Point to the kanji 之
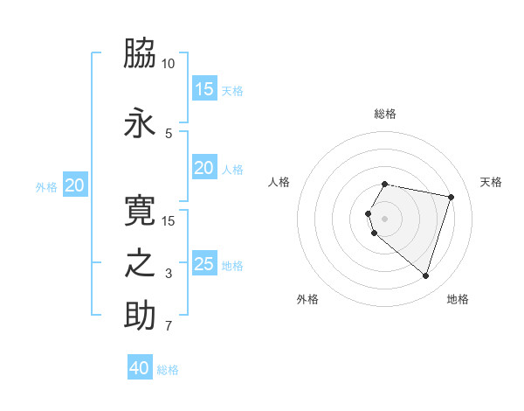click(x=140, y=263)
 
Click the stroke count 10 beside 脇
click(x=168, y=64)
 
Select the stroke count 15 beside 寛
click(x=168, y=220)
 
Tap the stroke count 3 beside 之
click(x=169, y=274)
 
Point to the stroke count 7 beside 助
click(x=169, y=327)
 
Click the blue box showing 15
click(x=204, y=89)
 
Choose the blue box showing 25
click(x=204, y=264)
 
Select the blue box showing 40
click(x=140, y=368)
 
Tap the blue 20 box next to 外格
click(x=75, y=185)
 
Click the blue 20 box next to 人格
click(x=204, y=168)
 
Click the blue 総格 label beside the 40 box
click(x=168, y=370)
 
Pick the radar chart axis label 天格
click(x=491, y=182)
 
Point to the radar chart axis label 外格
click(x=307, y=299)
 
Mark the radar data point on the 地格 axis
click(x=425, y=276)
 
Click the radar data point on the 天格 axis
click(x=451, y=197)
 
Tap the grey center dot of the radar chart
click(x=384, y=219)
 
